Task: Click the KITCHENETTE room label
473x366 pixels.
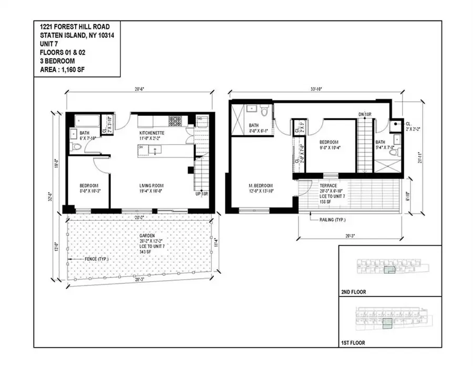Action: pos(152,134)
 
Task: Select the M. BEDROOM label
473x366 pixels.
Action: pos(259,185)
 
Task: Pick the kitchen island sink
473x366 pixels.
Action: pos(154,150)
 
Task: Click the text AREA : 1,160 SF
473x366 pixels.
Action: pos(64,68)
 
